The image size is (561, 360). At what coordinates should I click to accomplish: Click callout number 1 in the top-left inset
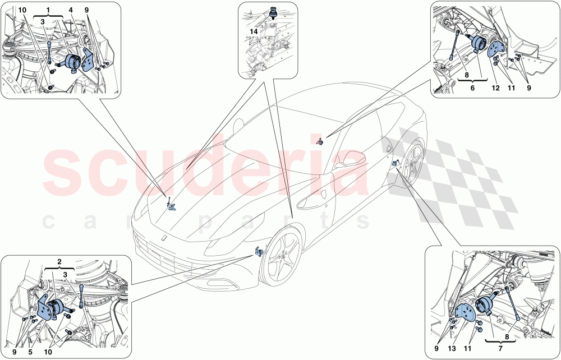[x=49, y=10]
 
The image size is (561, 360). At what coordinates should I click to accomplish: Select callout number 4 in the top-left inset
[x=71, y=10]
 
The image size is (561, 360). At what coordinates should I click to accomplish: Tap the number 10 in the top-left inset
[x=22, y=10]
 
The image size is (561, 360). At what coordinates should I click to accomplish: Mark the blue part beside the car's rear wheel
[x=396, y=163]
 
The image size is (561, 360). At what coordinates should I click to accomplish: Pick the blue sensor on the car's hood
[x=171, y=205]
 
